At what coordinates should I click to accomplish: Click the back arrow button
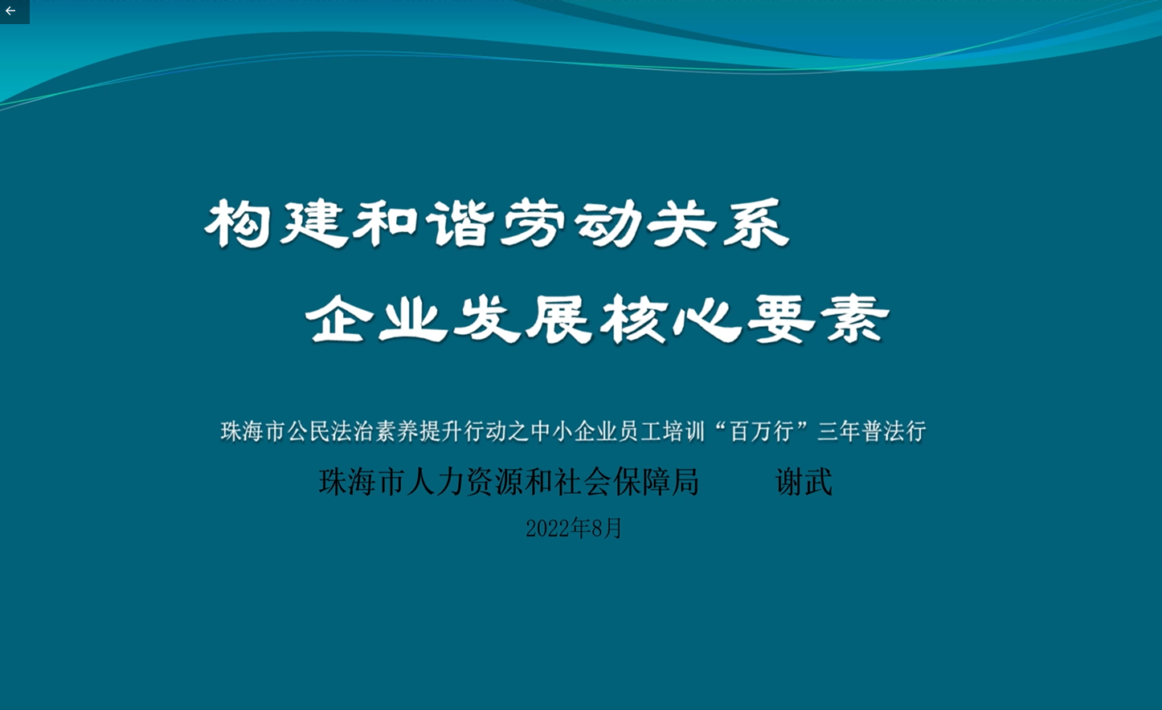tap(11, 11)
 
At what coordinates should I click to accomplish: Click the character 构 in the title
tap(237, 224)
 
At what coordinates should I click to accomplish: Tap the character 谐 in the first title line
tap(460, 223)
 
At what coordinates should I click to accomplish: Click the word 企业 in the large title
tap(377, 319)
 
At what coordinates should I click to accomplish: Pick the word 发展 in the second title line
tap(522, 319)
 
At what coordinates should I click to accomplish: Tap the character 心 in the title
tap(708, 319)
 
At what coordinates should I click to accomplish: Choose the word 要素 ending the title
tap(820, 319)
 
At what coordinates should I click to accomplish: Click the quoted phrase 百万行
tap(762, 431)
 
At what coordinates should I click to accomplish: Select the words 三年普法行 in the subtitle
tap(871, 431)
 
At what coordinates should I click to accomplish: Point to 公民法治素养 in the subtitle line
tap(342, 431)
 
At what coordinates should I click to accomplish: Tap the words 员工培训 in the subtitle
tap(661, 431)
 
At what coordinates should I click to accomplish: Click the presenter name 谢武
tap(804, 482)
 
